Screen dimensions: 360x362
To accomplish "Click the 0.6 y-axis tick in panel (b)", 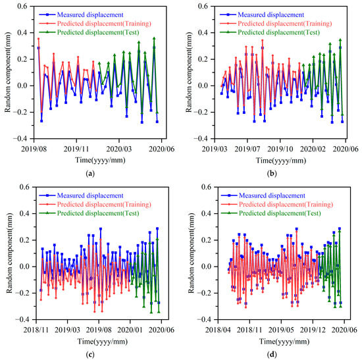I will coord(198,7).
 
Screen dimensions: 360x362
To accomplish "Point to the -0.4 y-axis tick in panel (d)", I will coord(197,319).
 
